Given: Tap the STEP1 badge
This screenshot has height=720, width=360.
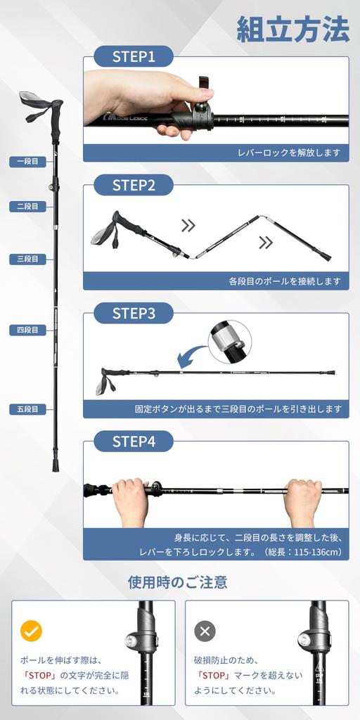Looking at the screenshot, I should pos(133,57).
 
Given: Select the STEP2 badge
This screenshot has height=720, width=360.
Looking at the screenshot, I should pos(133,186).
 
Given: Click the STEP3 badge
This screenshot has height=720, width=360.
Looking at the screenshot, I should pos(133,314).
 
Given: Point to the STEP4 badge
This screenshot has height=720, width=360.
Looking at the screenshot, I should pos(133,442).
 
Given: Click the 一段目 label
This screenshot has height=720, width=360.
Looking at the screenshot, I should pos(28,162).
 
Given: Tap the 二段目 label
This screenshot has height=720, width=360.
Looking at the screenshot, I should pos(28,207).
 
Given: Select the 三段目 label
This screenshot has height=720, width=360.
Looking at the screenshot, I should pos(28,259).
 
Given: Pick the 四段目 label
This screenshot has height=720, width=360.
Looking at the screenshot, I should pos(28,330).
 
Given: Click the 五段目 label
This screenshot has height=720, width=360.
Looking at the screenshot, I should pos(28,409).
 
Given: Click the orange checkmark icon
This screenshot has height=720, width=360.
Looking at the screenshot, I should pos(31,631).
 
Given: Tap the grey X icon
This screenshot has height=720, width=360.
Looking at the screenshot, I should pos(205,631).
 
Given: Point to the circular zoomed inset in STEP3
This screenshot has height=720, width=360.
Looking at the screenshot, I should pos(230,341).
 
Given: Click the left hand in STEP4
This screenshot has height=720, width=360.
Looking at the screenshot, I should pos(131,501).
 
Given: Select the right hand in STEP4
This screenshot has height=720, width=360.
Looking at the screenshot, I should pos(303,501).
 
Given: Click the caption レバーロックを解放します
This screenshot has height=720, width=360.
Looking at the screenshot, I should pos(288,153).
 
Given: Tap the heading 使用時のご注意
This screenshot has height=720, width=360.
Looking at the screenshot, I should pos(177,582).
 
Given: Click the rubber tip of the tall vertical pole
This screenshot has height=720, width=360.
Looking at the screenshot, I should pos(56,465).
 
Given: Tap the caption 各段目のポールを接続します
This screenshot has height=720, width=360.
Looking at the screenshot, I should pos(284,281).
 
